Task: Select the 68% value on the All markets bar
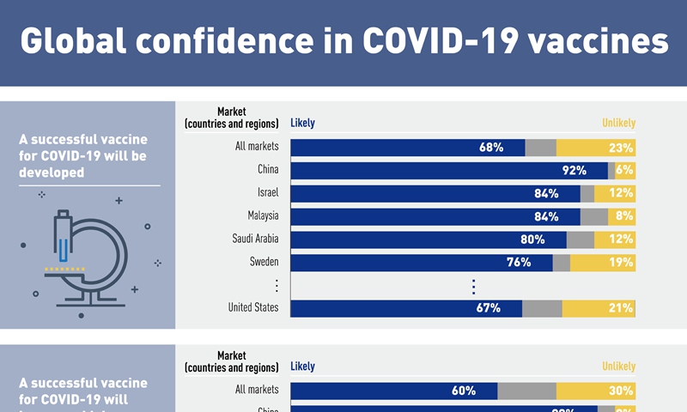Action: (x=491, y=147)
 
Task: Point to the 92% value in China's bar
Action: (x=575, y=170)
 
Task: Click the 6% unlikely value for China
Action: (x=624, y=170)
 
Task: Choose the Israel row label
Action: (x=267, y=192)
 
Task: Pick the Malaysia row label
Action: (x=263, y=215)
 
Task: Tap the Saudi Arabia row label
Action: (x=255, y=239)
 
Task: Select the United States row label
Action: (x=253, y=307)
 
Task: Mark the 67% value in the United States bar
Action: (x=489, y=307)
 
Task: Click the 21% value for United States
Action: (x=621, y=307)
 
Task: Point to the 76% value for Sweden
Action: (x=519, y=262)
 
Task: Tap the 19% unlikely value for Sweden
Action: (x=621, y=262)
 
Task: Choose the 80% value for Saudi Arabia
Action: (x=532, y=239)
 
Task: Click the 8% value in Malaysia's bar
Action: (x=624, y=215)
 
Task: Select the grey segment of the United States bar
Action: (x=542, y=307)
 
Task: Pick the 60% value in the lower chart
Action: (x=464, y=391)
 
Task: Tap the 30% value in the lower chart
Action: (x=621, y=391)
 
